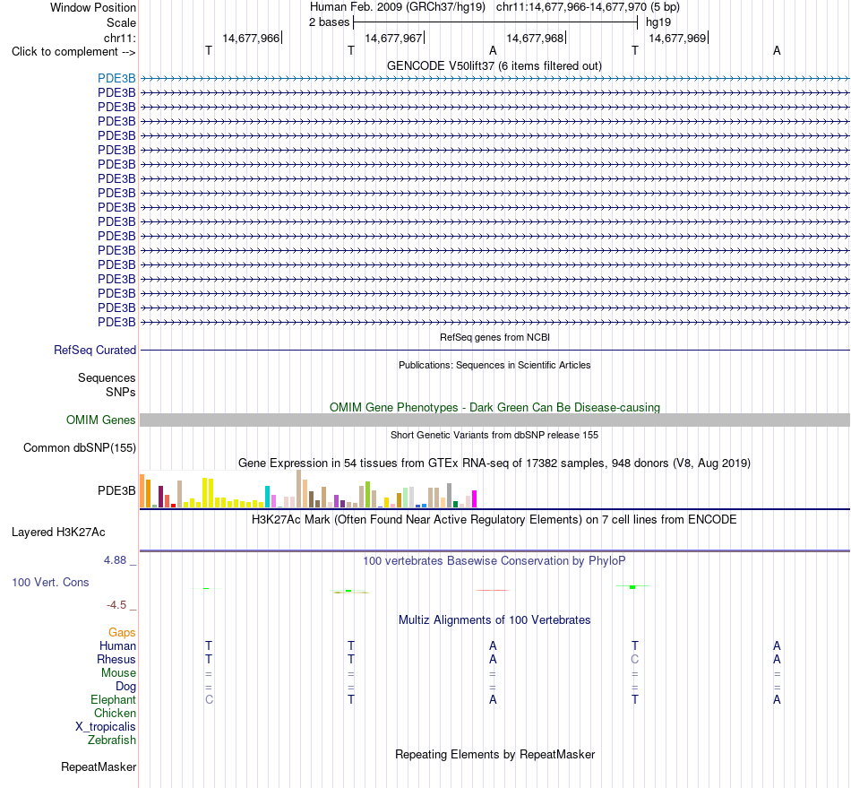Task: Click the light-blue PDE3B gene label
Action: tap(116, 79)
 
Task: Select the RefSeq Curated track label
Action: tap(95, 351)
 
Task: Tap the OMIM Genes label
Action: tap(101, 420)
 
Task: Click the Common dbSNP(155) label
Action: tap(80, 448)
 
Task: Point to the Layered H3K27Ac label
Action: tap(58, 533)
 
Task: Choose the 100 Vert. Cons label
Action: tap(50, 582)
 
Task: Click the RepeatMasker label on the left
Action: tap(99, 766)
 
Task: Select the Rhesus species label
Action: tap(116, 659)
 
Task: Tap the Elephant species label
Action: tap(114, 699)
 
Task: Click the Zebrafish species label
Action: tap(112, 740)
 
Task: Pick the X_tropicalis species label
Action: tap(106, 727)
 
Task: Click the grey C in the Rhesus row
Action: tap(635, 659)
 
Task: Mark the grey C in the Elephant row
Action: tap(209, 699)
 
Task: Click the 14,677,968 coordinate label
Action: tap(535, 38)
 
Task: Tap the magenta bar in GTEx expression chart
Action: tap(475, 498)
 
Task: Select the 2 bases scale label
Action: tap(330, 22)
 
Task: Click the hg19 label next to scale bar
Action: tap(658, 22)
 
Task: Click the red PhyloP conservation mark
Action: tap(493, 590)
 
